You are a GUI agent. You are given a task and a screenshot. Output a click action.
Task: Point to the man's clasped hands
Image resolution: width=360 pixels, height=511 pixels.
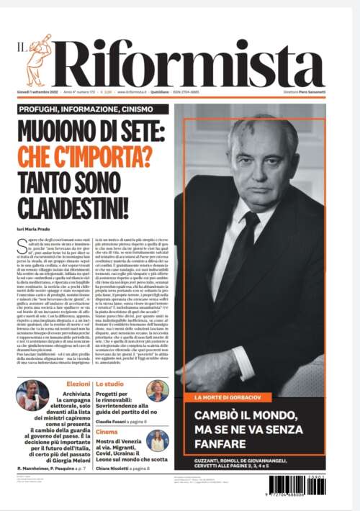(x=216, y=360)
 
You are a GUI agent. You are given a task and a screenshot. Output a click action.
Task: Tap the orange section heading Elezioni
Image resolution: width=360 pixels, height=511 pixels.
(x=78, y=385)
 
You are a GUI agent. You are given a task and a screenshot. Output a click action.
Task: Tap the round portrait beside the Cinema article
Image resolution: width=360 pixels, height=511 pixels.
(x=157, y=440)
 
